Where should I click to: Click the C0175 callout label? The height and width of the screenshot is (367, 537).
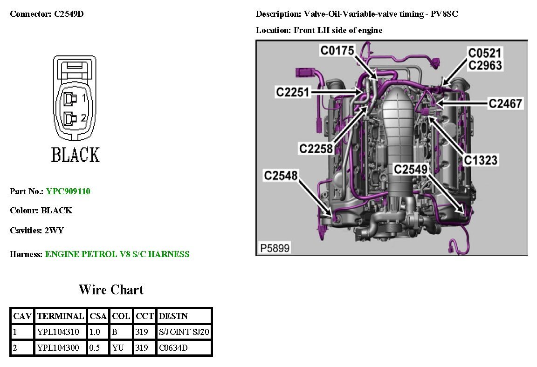click(x=337, y=50)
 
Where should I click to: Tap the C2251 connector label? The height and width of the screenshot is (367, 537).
click(x=293, y=92)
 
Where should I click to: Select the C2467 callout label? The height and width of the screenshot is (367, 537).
click(x=505, y=103)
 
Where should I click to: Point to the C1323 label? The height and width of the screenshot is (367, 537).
click(x=481, y=160)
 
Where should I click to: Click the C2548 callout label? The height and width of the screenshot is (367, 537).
click(x=281, y=176)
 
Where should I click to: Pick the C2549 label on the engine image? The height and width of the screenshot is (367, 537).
click(x=411, y=170)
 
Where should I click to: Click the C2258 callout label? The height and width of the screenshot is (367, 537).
click(x=317, y=149)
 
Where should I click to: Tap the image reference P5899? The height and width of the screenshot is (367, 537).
click(x=275, y=248)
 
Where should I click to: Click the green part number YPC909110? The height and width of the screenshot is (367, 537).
click(x=68, y=191)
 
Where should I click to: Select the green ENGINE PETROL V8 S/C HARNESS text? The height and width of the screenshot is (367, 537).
click(x=117, y=254)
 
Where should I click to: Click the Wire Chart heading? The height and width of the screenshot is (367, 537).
click(x=111, y=290)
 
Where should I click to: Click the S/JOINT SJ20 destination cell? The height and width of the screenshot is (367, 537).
click(x=184, y=332)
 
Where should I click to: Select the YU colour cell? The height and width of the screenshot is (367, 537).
click(x=118, y=348)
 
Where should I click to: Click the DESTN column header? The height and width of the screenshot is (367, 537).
click(x=173, y=316)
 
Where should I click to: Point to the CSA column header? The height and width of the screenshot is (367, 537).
click(x=98, y=316)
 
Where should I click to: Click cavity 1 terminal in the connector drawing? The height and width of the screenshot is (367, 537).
click(x=70, y=98)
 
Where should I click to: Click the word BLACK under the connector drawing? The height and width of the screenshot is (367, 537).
click(x=75, y=155)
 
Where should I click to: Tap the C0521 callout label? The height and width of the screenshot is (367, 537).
click(x=485, y=53)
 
